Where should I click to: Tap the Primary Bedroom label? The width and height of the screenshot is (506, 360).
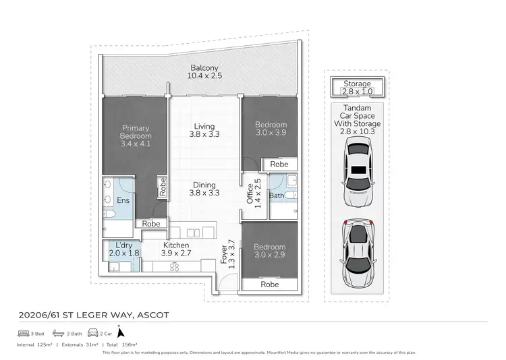pos(135,136)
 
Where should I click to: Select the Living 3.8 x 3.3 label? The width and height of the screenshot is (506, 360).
pos(204,130)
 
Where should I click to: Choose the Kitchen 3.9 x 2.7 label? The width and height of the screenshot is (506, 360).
pos(175,249)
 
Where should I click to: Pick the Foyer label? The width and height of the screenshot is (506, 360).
pos(229,256)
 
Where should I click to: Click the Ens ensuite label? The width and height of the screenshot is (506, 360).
pos(123,200)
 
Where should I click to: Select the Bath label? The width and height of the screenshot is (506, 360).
pos(275,196)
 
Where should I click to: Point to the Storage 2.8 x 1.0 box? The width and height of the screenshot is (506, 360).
pos(357,88)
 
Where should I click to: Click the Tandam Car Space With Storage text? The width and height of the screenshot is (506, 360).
pos(362,119)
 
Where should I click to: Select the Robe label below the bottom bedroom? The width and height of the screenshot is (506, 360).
pos(270,284)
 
